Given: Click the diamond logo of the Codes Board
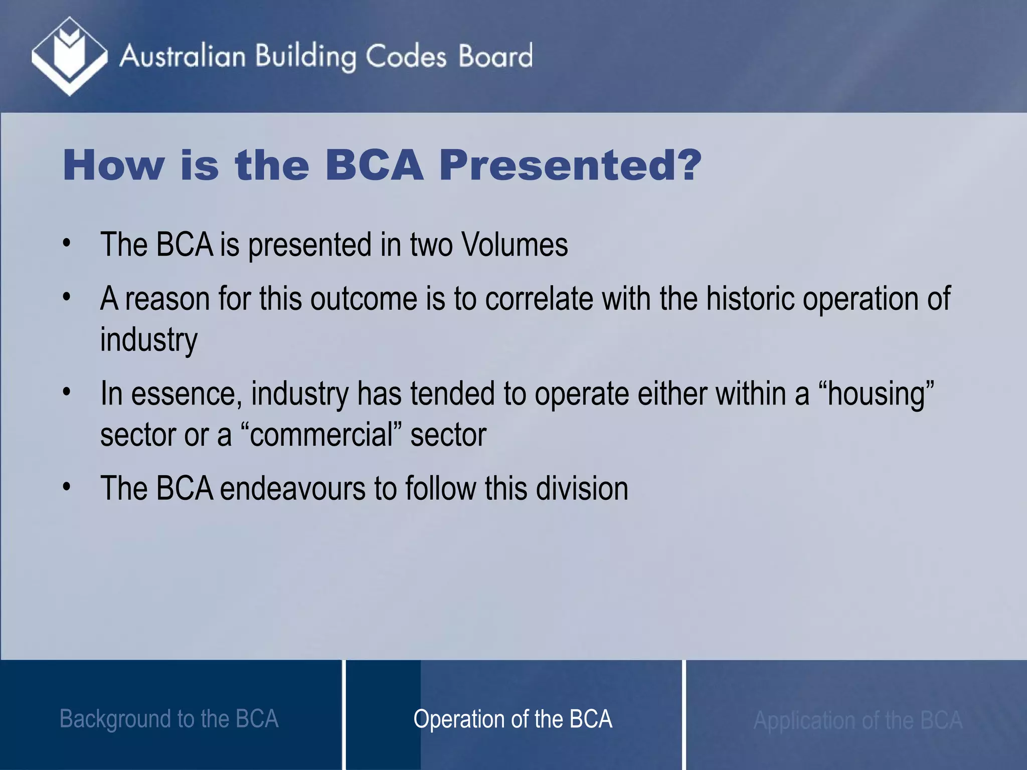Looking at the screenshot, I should [69, 56].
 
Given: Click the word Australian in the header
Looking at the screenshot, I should [183, 56].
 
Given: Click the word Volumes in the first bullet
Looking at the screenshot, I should [515, 245].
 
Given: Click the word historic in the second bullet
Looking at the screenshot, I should [750, 299].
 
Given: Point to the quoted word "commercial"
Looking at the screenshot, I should [321, 435].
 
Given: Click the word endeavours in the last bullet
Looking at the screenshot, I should [292, 488].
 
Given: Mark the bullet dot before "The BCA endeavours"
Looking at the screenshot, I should [67, 487].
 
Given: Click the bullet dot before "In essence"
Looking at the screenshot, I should [67, 392].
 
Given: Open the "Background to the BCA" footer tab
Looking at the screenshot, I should [169, 719].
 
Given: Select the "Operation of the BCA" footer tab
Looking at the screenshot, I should [512, 719].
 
